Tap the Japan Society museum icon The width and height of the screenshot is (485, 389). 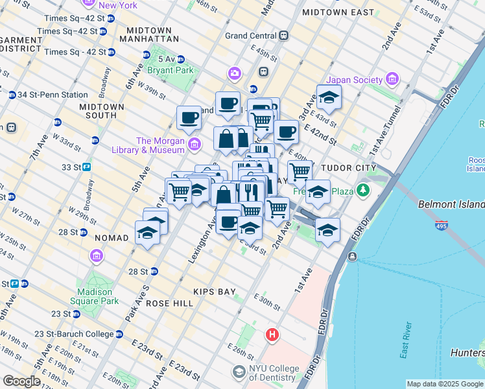coord(392,80)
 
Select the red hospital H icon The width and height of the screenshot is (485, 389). coord(272,335)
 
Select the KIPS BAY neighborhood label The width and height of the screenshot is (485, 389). coord(217,292)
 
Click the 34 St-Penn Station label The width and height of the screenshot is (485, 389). coord(53,95)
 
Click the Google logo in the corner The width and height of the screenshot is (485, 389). coord(21,381)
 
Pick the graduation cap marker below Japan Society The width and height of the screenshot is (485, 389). coord(329,99)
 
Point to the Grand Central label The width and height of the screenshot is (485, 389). coord(251,36)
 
